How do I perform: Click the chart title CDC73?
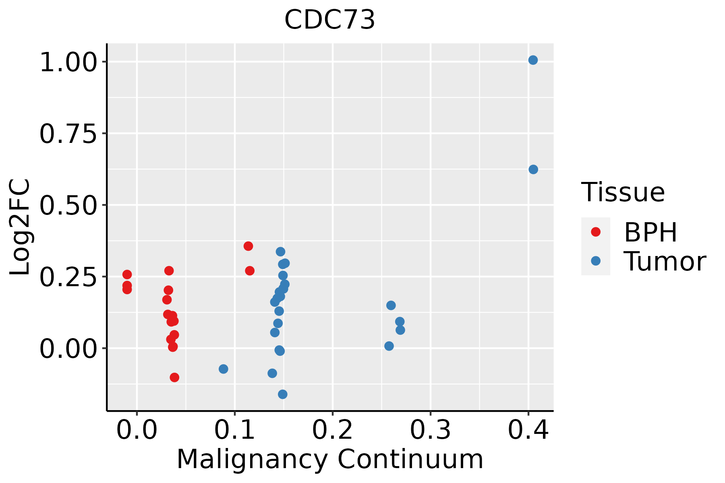pos(329,20)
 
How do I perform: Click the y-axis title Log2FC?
pos(20,227)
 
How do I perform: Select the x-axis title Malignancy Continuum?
pos(329,460)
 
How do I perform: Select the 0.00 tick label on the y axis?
pos(68,349)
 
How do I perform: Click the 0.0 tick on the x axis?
pos(137,430)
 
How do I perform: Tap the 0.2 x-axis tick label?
pos(333,430)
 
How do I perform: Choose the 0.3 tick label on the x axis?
pos(431,430)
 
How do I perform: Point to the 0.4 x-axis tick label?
pos(528,430)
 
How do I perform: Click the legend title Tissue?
pos(623,192)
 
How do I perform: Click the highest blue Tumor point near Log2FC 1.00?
pos(533,60)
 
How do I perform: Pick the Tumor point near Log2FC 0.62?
pos(533,169)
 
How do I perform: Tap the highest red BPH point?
pos(248,246)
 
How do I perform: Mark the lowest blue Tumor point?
pos(283,394)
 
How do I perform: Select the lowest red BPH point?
pos(174,377)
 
